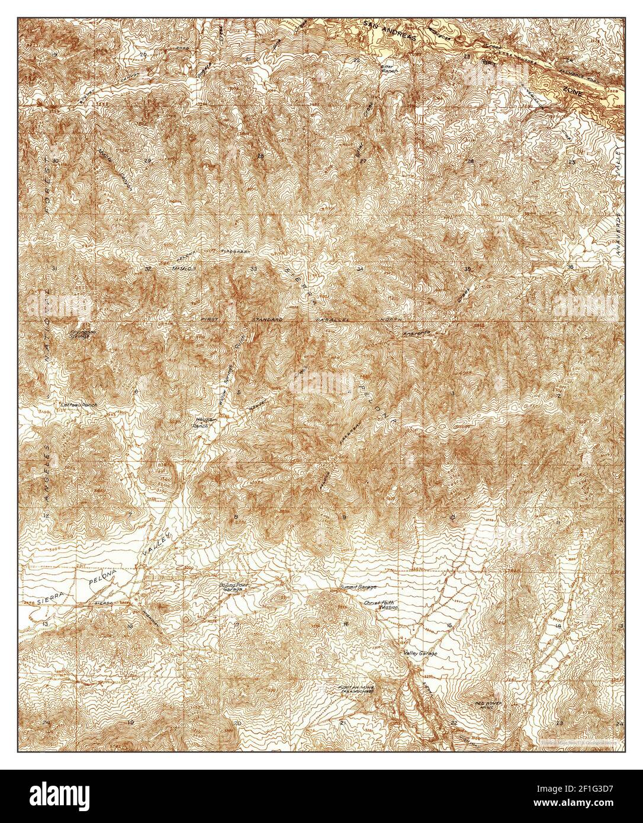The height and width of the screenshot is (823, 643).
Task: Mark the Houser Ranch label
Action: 204,422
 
